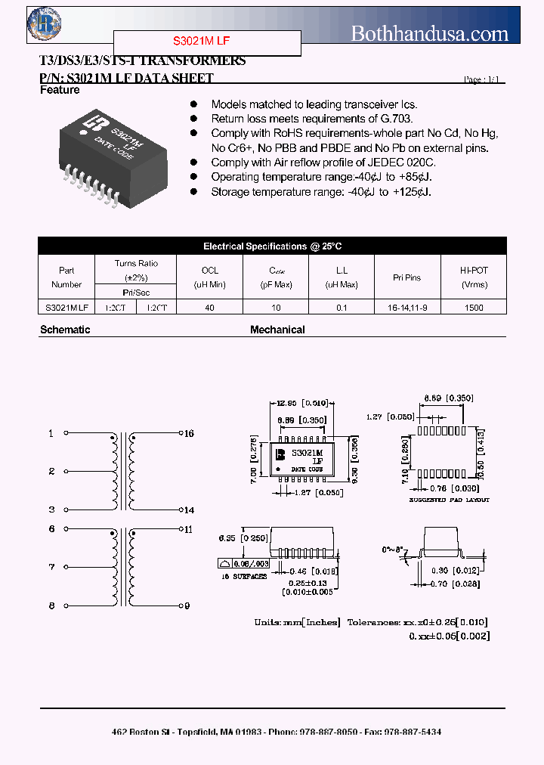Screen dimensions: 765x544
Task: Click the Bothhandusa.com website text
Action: tap(430, 33)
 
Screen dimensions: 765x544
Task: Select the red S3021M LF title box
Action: tap(207, 43)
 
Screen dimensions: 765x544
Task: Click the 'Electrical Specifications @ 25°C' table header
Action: tap(272, 246)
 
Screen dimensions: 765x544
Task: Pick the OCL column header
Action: tap(209, 270)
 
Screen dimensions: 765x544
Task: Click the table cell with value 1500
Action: tap(474, 308)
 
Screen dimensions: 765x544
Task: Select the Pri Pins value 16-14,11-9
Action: tap(407, 308)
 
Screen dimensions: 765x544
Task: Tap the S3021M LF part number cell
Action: tap(66, 308)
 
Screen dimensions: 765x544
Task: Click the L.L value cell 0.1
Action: tap(342, 308)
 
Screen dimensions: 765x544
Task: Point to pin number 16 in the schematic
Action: tap(189, 433)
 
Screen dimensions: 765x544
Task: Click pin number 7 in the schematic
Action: tap(51, 566)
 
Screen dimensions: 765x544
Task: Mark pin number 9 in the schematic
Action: tap(188, 605)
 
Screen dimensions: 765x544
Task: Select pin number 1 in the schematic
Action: tap(51, 433)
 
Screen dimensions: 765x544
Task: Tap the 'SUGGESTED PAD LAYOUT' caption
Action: tap(450, 500)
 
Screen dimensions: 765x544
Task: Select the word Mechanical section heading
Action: tap(277, 330)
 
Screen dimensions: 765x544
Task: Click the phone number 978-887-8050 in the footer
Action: tap(329, 732)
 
